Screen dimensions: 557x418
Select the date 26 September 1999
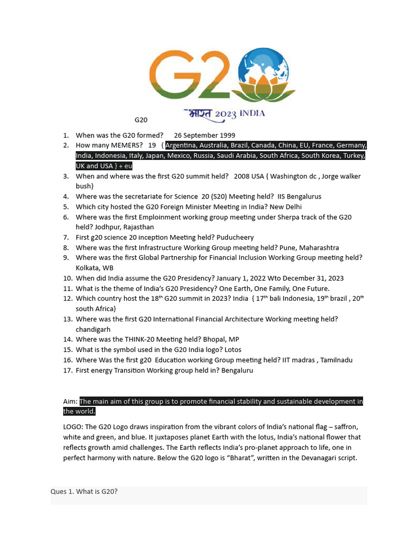(x=205, y=135)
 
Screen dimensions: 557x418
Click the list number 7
(x=65, y=238)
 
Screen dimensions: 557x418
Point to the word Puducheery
(x=235, y=238)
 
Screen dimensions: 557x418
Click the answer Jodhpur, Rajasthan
(x=115, y=227)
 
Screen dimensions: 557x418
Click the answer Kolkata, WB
(x=95, y=268)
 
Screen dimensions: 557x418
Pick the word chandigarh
(x=93, y=330)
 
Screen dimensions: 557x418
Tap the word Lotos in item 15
(x=232, y=350)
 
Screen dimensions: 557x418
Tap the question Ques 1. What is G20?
(x=84, y=492)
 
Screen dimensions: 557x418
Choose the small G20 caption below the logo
(x=141, y=120)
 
